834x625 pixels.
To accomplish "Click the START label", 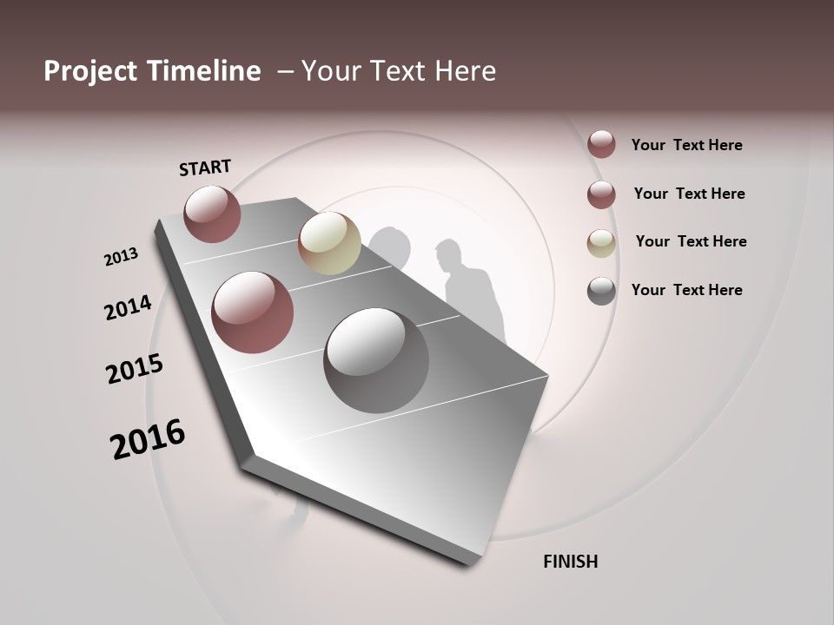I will coord(205,168).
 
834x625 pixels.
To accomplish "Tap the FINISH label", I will coord(570,562).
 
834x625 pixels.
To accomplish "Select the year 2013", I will coord(121,257).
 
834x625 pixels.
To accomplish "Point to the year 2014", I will coord(128,308).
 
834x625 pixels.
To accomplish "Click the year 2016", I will coord(148,439).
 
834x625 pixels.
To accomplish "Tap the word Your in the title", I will coord(329,71).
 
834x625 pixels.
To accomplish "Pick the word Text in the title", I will coord(395,71).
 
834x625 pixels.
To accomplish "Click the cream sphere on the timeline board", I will coord(329,243).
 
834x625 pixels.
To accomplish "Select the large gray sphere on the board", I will coord(376,359).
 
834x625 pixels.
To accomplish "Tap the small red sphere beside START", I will coord(212,214).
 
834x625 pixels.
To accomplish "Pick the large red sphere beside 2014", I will coord(252,312).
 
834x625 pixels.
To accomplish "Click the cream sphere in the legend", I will coord(601,243).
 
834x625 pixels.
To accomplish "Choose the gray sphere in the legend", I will coord(601,291).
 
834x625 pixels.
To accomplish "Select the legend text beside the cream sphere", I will coord(691,241).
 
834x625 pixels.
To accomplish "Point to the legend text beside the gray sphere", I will coord(686,290).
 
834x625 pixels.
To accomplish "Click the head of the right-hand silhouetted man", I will coord(449,254).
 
